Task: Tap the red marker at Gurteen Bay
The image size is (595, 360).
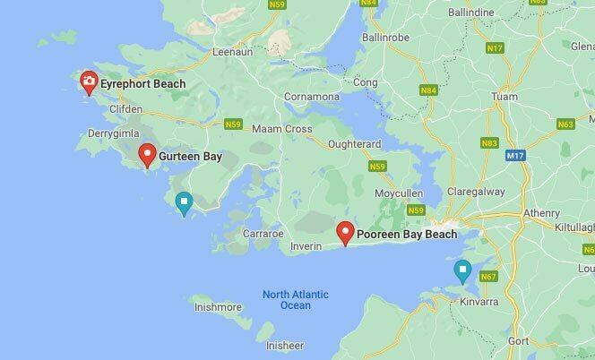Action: click(x=148, y=156)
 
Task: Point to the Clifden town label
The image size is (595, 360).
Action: click(x=125, y=108)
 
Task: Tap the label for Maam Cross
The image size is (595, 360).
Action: click(x=281, y=129)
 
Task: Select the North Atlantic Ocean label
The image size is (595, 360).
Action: click(x=295, y=300)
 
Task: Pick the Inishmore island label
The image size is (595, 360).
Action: click(x=219, y=307)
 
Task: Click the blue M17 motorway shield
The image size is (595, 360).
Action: click(x=514, y=156)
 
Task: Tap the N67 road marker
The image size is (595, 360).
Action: click(x=488, y=277)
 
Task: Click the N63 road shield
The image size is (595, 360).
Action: click(x=565, y=125)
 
